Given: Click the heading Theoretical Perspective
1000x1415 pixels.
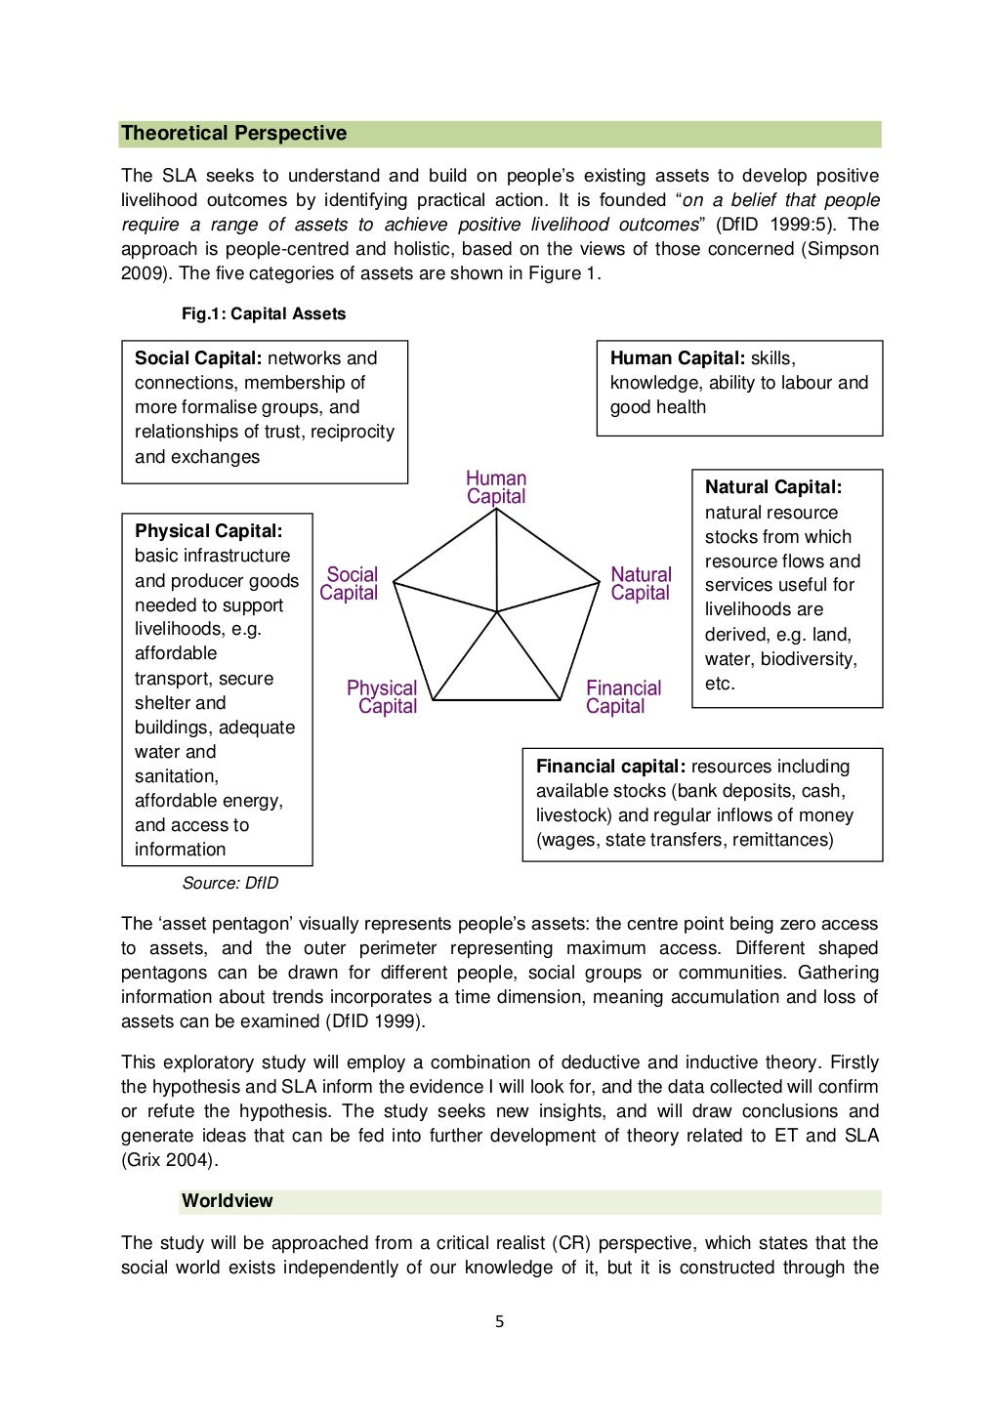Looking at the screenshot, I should pyautogui.click(x=233, y=134).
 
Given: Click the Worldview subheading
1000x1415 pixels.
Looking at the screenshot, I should pyautogui.click(x=227, y=1201).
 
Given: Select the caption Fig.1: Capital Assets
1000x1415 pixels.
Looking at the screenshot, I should pyautogui.click(x=264, y=313).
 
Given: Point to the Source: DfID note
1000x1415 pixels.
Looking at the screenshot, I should pyautogui.click(x=230, y=883).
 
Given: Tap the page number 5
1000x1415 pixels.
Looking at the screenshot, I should pyautogui.click(x=499, y=1322).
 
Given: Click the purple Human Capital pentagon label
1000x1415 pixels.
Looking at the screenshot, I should pyautogui.click(x=496, y=487).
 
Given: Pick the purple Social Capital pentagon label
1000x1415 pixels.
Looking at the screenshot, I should pyautogui.click(x=350, y=584).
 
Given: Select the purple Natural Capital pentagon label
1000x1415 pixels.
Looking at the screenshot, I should pyautogui.click(x=641, y=584).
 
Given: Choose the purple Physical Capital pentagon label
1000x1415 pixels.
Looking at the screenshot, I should pyautogui.click(x=383, y=697).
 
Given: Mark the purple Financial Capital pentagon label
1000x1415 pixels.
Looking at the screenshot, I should pyautogui.click(x=622, y=697).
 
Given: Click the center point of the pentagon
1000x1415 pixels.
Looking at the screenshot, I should pyautogui.click(x=497, y=611).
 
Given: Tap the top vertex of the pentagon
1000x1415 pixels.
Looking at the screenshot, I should pyautogui.click(x=497, y=512).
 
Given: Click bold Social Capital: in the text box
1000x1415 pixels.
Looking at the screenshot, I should pyautogui.click(x=198, y=358).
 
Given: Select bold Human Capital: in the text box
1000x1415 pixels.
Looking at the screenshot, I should pyautogui.click(x=677, y=358).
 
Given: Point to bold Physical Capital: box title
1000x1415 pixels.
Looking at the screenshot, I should pyautogui.click(x=208, y=531).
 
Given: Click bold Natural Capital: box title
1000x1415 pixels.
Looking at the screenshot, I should pyautogui.click(x=772, y=487).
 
